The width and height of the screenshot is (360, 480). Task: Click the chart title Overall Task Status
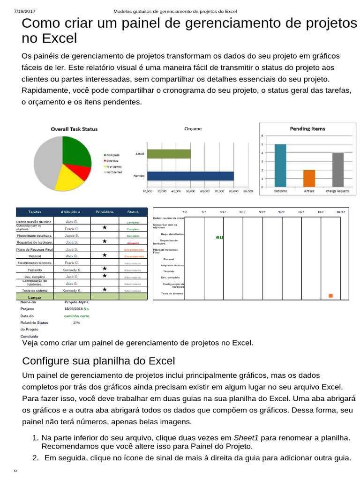click(74, 129)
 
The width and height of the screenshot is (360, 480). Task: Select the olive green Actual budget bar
click(169, 154)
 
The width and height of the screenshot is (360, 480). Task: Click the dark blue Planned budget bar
click(190, 176)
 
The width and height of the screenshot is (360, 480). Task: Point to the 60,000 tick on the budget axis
click(204, 191)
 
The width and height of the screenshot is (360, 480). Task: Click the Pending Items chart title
click(307, 128)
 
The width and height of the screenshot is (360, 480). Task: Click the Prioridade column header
click(105, 212)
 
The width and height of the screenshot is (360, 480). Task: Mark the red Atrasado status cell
click(133, 243)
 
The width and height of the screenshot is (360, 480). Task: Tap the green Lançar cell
click(35, 297)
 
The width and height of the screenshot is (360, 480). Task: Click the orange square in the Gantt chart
click(330, 296)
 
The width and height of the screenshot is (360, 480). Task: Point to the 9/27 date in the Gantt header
click(281, 212)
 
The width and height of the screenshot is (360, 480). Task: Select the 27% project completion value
click(76, 322)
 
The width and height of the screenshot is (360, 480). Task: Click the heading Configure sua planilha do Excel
click(98, 361)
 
